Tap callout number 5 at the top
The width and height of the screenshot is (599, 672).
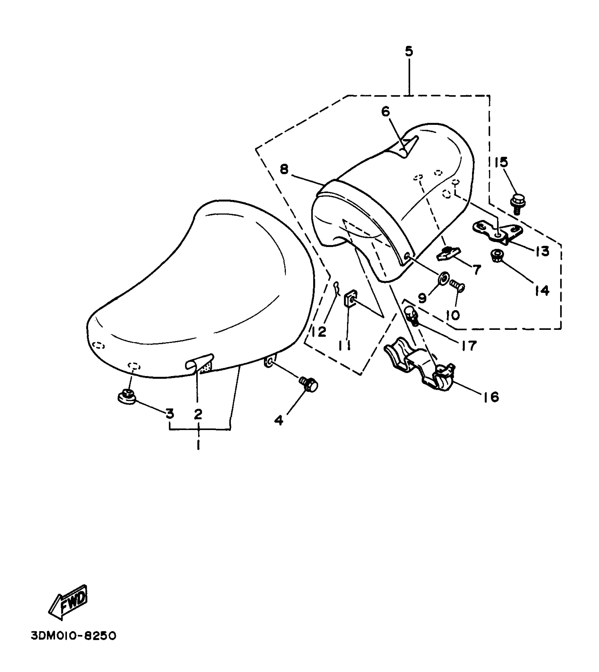(x=409, y=52)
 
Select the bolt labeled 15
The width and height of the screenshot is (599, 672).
(x=516, y=204)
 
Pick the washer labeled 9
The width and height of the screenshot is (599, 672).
(x=443, y=279)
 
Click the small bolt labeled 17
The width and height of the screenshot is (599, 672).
(x=411, y=315)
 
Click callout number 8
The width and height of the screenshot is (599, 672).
(x=284, y=170)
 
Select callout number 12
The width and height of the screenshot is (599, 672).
(x=319, y=332)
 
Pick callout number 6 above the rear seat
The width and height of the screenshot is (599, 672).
(x=386, y=112)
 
